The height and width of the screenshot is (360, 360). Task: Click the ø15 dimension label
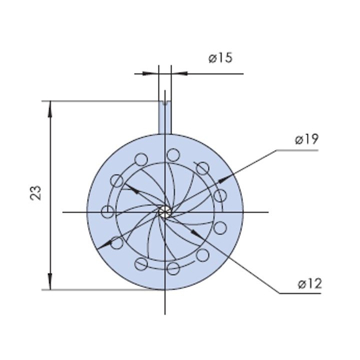220,58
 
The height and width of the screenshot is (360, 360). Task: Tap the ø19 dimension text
306,139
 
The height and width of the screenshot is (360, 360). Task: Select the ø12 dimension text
309,283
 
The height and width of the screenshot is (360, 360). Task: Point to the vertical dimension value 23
36,192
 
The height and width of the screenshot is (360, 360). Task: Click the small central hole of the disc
165,211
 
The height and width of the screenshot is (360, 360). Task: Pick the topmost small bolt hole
173,155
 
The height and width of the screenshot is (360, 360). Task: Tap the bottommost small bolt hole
173,268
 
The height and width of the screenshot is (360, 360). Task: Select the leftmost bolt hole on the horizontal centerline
107,211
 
